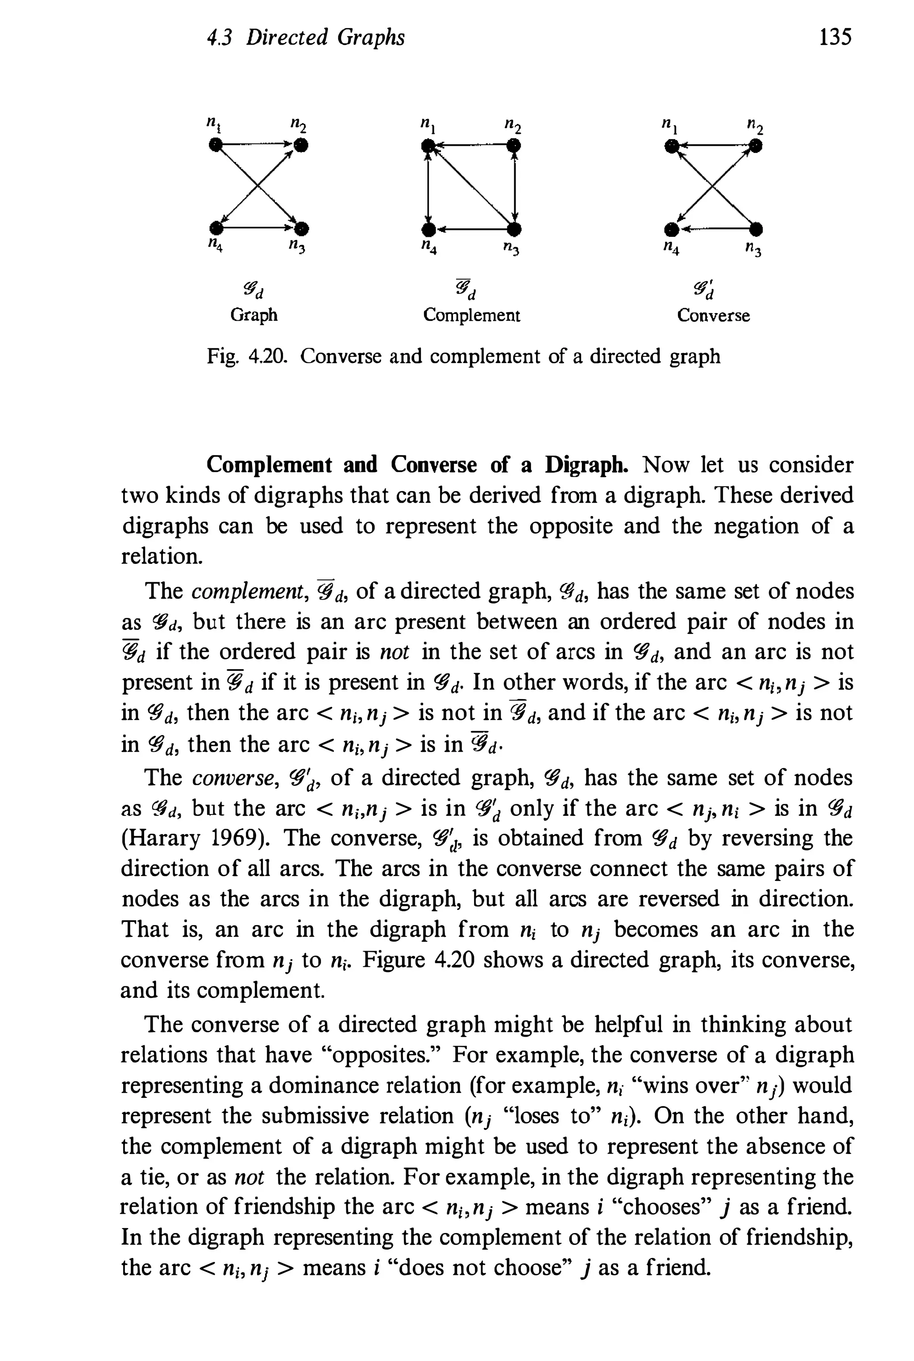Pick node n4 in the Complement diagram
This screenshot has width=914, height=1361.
(x=428, y=228)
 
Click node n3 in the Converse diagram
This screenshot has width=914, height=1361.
(x=756, y=227)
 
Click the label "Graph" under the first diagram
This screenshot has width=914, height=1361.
(x=254, y=315)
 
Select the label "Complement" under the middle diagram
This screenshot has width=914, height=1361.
(x=472, y=315)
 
